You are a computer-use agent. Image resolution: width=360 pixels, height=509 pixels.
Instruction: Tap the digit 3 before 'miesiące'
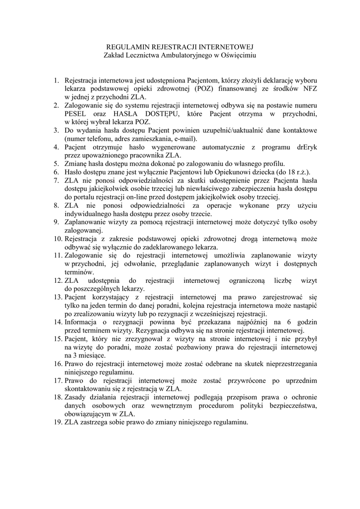click(x=67, y=356)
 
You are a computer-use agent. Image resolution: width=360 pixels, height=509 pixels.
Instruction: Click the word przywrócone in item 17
click(x=254, y=381)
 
